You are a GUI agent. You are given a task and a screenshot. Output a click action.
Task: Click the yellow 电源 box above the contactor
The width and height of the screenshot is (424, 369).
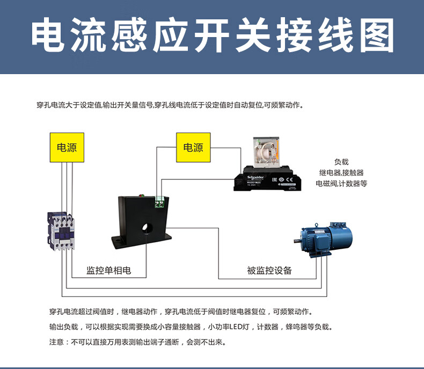click(67, 147)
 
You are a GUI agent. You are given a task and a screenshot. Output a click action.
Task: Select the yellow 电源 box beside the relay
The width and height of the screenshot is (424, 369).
click(193, 147)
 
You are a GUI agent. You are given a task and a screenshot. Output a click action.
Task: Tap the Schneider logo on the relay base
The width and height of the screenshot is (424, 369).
click(254, 177)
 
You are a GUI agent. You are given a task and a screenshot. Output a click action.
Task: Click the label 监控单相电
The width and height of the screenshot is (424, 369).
click(109, 270)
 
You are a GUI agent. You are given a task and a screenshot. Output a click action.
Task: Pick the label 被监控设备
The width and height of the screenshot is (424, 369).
click(269, 270)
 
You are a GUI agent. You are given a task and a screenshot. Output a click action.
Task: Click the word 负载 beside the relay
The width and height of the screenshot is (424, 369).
click(341, 162)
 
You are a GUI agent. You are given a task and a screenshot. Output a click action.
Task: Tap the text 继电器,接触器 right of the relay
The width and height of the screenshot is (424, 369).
click(341, 172)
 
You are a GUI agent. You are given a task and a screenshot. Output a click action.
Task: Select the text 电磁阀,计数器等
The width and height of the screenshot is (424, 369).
click(341, 184)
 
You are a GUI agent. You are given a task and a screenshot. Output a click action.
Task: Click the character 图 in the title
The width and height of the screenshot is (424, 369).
click(375, 37)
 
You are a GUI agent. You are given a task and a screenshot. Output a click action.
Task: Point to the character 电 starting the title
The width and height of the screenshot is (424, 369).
click(49, 37)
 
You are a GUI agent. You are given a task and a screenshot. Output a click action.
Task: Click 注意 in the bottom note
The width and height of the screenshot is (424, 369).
click(56, 342)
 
